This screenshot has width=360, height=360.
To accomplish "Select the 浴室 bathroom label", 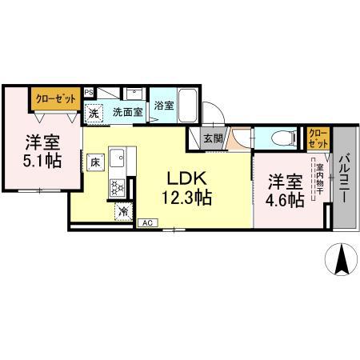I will (164, 105).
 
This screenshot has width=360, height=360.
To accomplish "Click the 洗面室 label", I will (127, 112).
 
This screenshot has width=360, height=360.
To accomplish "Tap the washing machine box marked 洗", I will (94, 114).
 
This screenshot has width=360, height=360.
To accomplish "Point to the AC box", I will (148, 222).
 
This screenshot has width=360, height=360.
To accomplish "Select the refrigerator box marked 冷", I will (124, 211).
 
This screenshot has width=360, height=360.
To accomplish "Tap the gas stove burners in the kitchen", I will (117, 186).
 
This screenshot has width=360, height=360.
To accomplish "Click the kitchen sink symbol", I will (117, 157).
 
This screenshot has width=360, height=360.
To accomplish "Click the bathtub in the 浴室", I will (186, 104).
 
